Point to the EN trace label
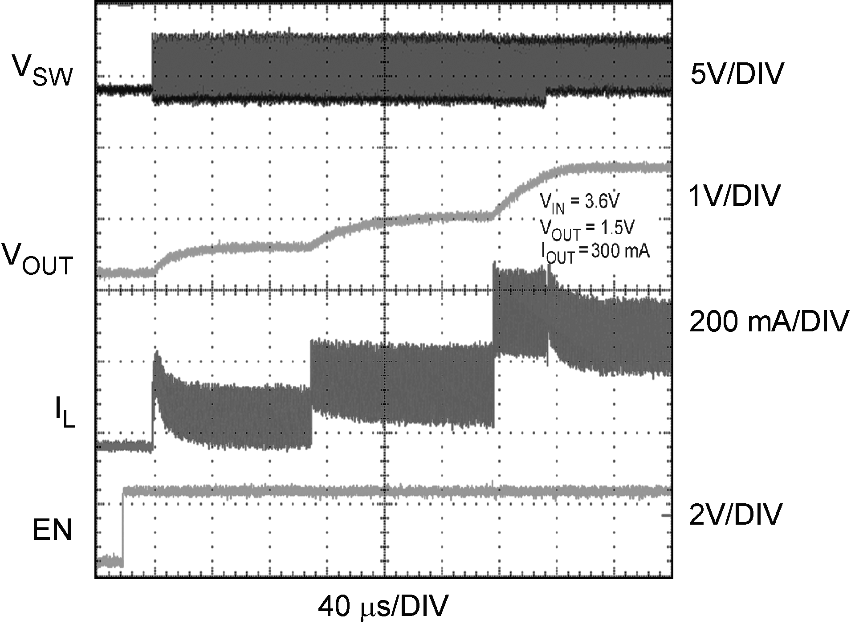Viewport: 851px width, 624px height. click(x=52, y=530)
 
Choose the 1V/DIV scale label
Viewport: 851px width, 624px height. click(x=734, y=195)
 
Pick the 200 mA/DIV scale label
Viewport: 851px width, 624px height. click(x=769, y=321)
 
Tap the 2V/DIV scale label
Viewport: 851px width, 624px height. click(x=735, y=514)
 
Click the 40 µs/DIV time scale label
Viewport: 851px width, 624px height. click(x=383, y=606)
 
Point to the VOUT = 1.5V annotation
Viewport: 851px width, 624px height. click(x=586, y=229)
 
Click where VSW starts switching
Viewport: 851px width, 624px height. click(x=152, y=67)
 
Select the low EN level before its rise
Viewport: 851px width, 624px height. click(x=109, y=561)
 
